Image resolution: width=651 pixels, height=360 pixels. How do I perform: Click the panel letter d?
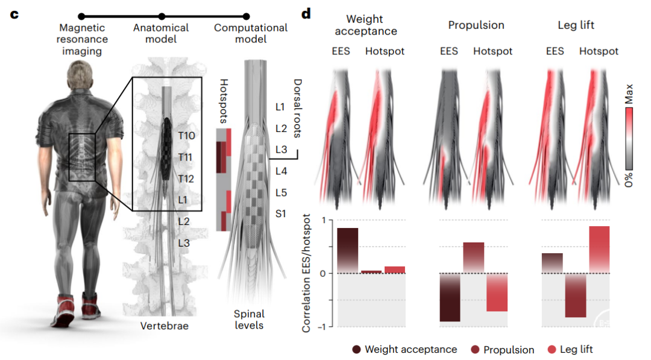point(306,13)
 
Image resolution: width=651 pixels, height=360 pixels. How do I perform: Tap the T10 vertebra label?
point(186,136)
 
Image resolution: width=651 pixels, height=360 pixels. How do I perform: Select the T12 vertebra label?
point(186,178)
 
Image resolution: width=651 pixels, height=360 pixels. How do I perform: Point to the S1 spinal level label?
point(281,213)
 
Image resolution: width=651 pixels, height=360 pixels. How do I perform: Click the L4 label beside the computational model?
point(281,171)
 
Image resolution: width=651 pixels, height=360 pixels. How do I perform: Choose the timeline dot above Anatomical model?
point(162,16)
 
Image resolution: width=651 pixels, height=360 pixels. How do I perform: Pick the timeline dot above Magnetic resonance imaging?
point(81,16)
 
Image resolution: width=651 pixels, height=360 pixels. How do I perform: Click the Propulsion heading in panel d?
point(476,25)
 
